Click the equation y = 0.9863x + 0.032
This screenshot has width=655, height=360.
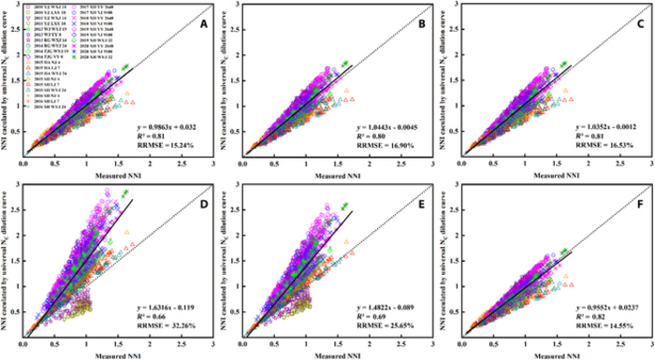167,123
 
